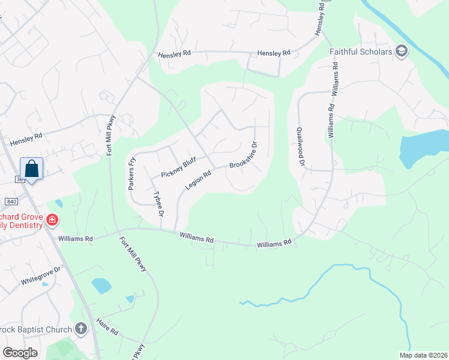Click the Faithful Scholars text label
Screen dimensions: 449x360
click(361, 52)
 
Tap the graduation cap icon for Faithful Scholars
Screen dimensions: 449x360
click(402, 52)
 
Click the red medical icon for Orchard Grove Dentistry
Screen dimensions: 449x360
click(52, 220)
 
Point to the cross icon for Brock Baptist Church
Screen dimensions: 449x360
click(81, 328)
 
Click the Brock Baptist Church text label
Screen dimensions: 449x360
click(37, 329)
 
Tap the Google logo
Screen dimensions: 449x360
click(20, 353)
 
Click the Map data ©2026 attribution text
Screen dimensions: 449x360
click(423, 355)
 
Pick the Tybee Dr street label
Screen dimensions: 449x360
click(159, 203)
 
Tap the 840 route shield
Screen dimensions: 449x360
click(11, 202)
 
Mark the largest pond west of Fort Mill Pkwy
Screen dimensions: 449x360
click(101, 286)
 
